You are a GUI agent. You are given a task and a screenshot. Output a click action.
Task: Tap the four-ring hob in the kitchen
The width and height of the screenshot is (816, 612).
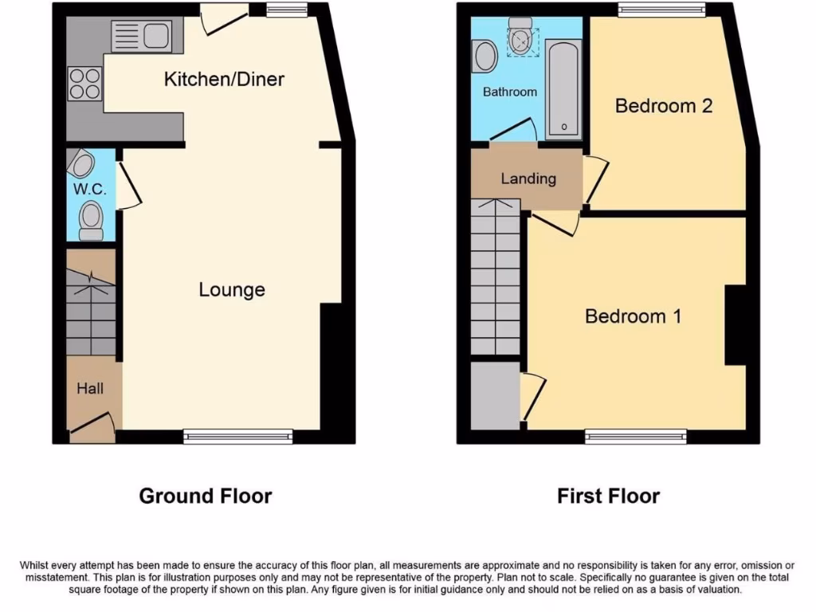(84, 84)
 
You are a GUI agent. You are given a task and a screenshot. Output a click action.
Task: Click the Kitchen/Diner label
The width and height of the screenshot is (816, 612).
(224, 80)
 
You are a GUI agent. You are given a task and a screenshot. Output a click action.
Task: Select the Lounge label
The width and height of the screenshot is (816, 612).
(231, 290)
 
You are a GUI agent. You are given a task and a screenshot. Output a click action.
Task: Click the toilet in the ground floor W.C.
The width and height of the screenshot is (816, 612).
(92, 220)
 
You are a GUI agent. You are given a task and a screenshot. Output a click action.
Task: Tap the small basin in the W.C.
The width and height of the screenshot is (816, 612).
(81, 164)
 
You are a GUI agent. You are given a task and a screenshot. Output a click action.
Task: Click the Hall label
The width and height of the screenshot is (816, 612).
(90, 389)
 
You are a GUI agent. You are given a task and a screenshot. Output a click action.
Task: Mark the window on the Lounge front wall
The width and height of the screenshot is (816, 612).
(237, 436)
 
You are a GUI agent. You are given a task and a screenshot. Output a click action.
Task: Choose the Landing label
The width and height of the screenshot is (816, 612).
(528, 178)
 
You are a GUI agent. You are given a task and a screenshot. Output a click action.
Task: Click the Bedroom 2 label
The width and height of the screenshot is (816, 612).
(663, 106)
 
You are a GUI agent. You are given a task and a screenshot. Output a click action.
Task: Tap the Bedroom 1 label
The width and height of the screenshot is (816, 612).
(633, 316)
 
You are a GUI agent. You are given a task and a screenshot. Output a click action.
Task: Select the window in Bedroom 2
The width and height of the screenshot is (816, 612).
(661, 10)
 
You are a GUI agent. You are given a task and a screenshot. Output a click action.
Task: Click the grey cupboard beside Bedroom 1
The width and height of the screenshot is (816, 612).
(495, 395)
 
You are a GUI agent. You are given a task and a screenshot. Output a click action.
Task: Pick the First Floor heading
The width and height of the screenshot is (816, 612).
(608, 496)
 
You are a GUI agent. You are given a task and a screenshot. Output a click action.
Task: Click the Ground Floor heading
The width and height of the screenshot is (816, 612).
(206, 496)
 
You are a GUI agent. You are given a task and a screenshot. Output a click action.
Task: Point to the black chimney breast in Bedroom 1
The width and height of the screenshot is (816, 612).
(735, 325)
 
